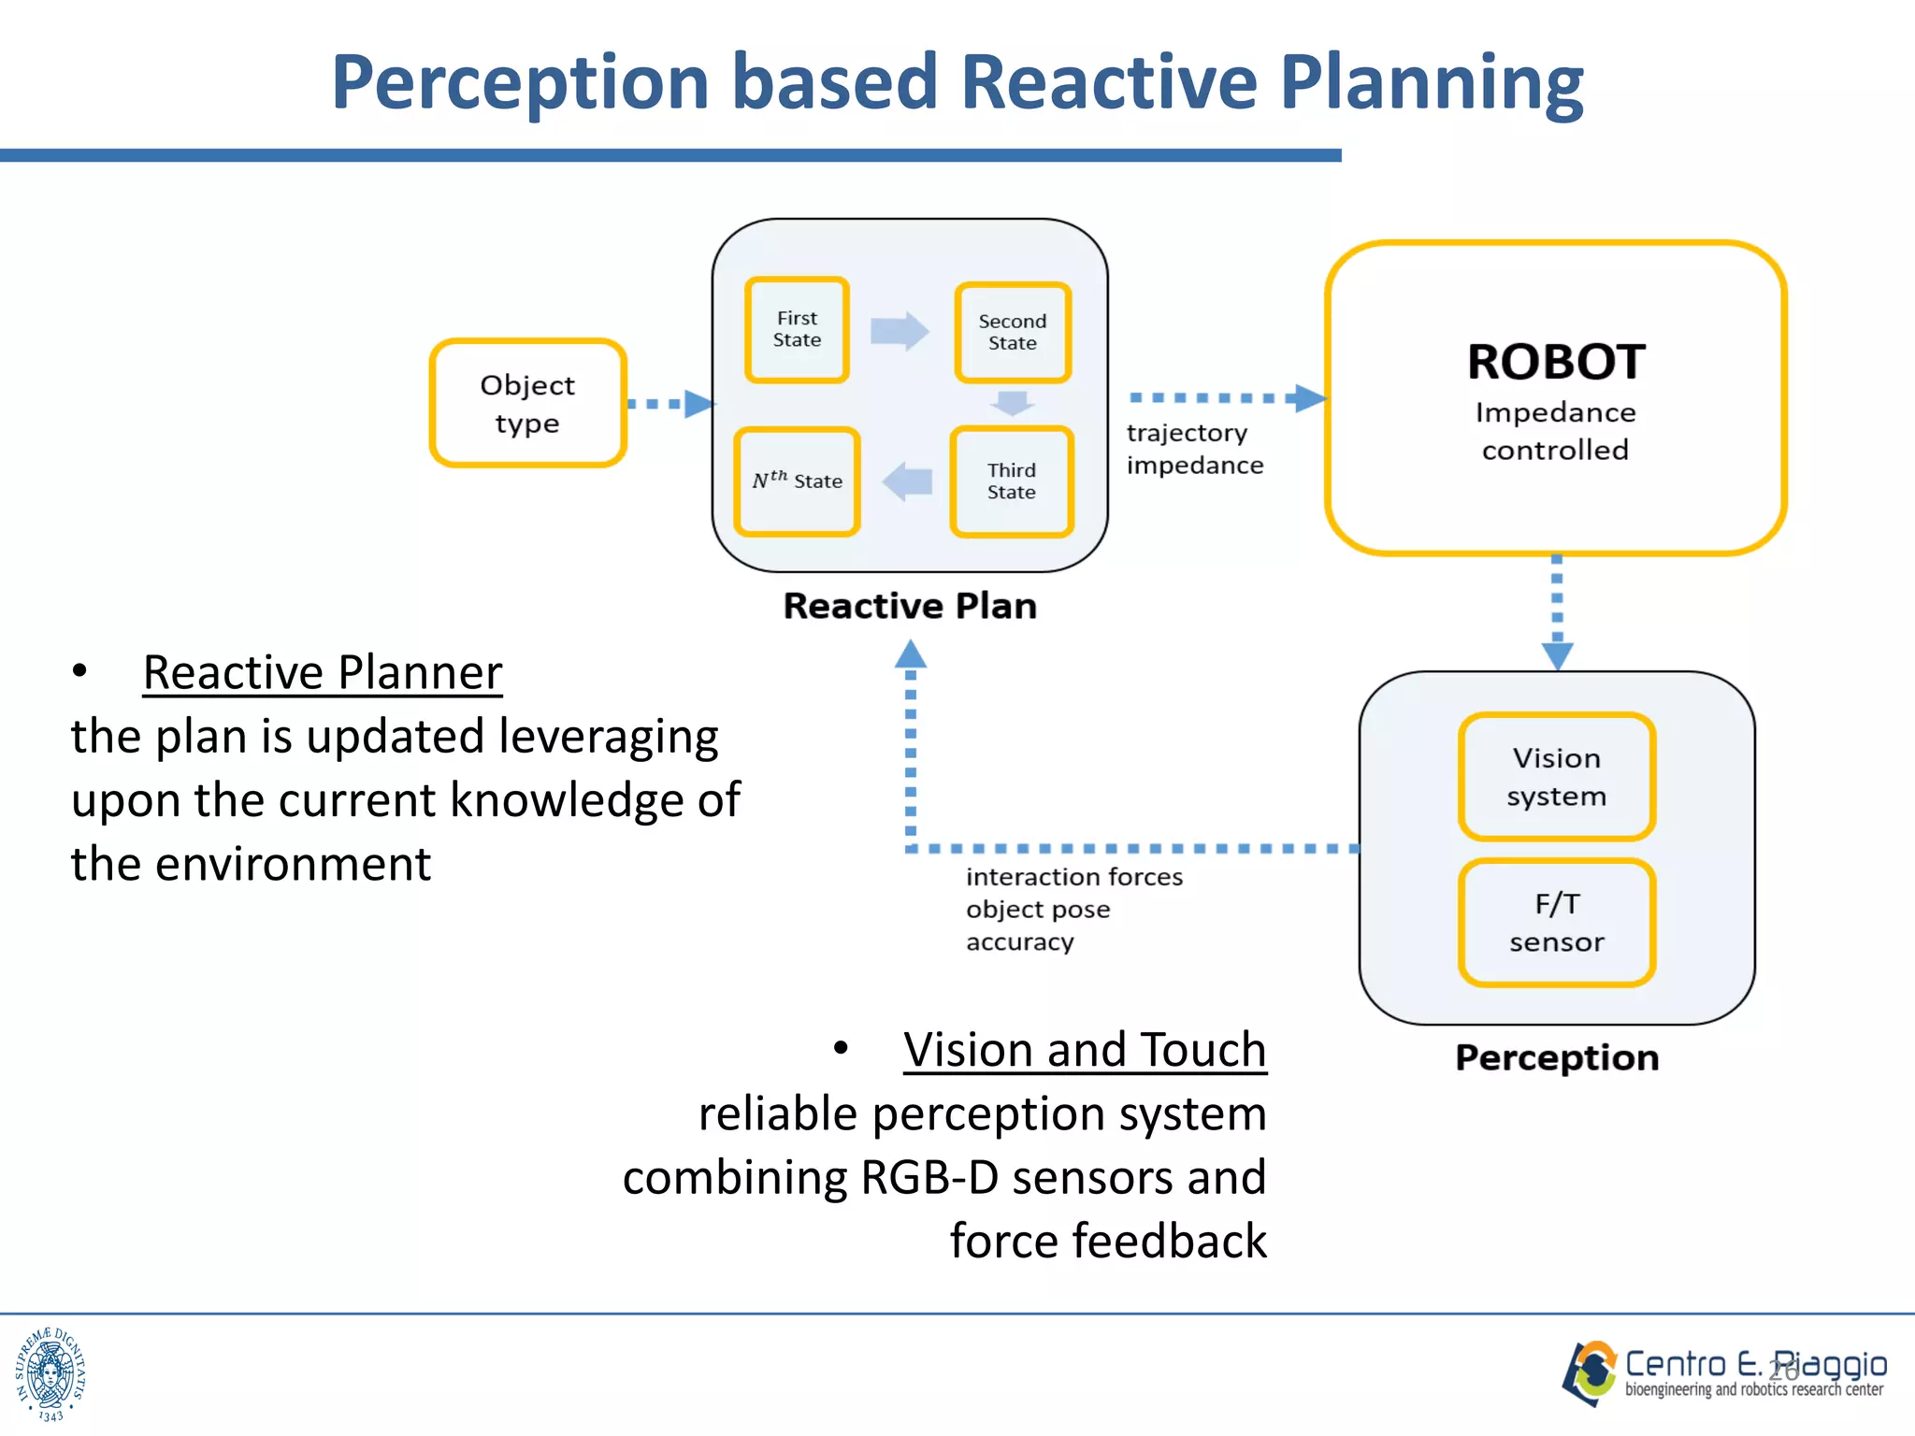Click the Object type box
pyautogui.click(x=527, y=403)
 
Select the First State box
pyautogui.click(x=797, y=330)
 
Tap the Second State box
pyautogui.click(x=1012, y=333)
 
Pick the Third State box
pyautogui.click(x=1011, y=481)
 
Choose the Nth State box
pyautogui.click(x=797, y=481)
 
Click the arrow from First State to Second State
pyautogui.click(x=899, y=331)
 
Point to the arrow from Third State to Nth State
pyautogui.click(x=907, y=481)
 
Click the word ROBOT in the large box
pyautogui.click(x=1556, y=362)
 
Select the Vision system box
pyautogui.click(x=1556, y=777)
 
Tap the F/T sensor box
pyautogui.click(x=1556, y=923)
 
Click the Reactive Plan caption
pyautogui.click(x=909, y=606)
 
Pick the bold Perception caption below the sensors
pyautogui.click(x=1557, y=1057)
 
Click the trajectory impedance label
pyautogui.click(x=1194, y=449)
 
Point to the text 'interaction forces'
pyautogui.click(x=1073, y=877)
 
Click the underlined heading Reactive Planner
pyautogui.click(x=323, y=672)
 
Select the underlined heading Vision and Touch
pyautogui.click(x=1085, y=1050)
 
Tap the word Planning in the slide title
pyautogui.click(x=1431, y=82)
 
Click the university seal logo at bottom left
pyautogui.click(x=50, y=1373)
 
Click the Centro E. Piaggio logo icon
pyautogui.click(x=1590, y=1372)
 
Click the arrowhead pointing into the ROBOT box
pyautogui.click(x=1311, y=398)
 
